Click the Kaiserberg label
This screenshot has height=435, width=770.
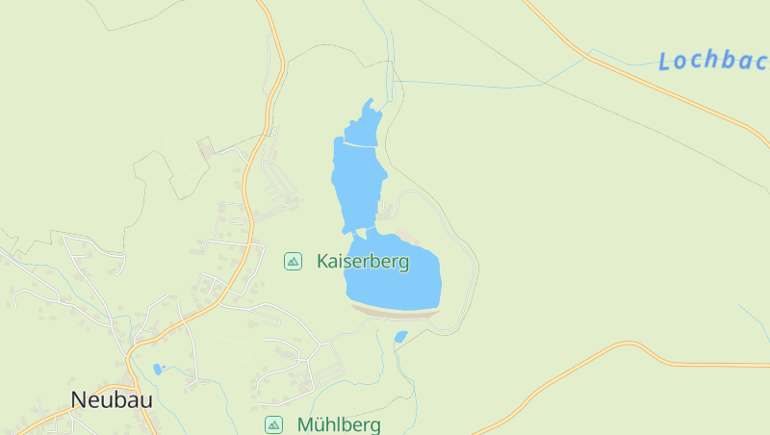(363, 261)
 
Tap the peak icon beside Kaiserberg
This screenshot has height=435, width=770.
(293, 261)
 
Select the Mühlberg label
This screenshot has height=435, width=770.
(339, 424)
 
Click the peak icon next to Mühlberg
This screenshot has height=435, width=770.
(274, 424)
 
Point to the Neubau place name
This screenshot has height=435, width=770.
(112, 399)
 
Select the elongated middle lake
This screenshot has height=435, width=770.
(358, 183)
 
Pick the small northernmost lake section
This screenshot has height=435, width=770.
(363, 127)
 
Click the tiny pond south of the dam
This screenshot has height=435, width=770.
(401, 336)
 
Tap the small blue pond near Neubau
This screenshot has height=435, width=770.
(158, 369)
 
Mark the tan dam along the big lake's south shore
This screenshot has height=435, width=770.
(395, 311)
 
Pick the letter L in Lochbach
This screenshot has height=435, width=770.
(665, 62)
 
